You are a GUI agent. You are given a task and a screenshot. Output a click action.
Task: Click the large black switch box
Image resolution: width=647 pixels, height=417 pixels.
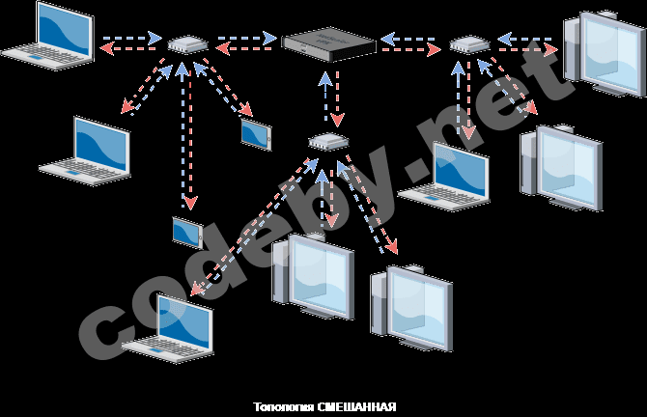point(328,44)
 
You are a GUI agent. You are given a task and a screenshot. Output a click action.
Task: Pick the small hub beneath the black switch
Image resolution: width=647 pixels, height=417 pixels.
point(327,142)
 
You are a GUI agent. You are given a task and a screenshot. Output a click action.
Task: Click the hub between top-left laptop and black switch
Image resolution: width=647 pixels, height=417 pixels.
point(185,44)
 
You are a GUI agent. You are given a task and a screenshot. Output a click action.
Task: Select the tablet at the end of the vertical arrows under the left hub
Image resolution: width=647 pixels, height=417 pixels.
point(187,232)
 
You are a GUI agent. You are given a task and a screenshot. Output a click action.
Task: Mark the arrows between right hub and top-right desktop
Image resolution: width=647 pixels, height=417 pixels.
point(527,43)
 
